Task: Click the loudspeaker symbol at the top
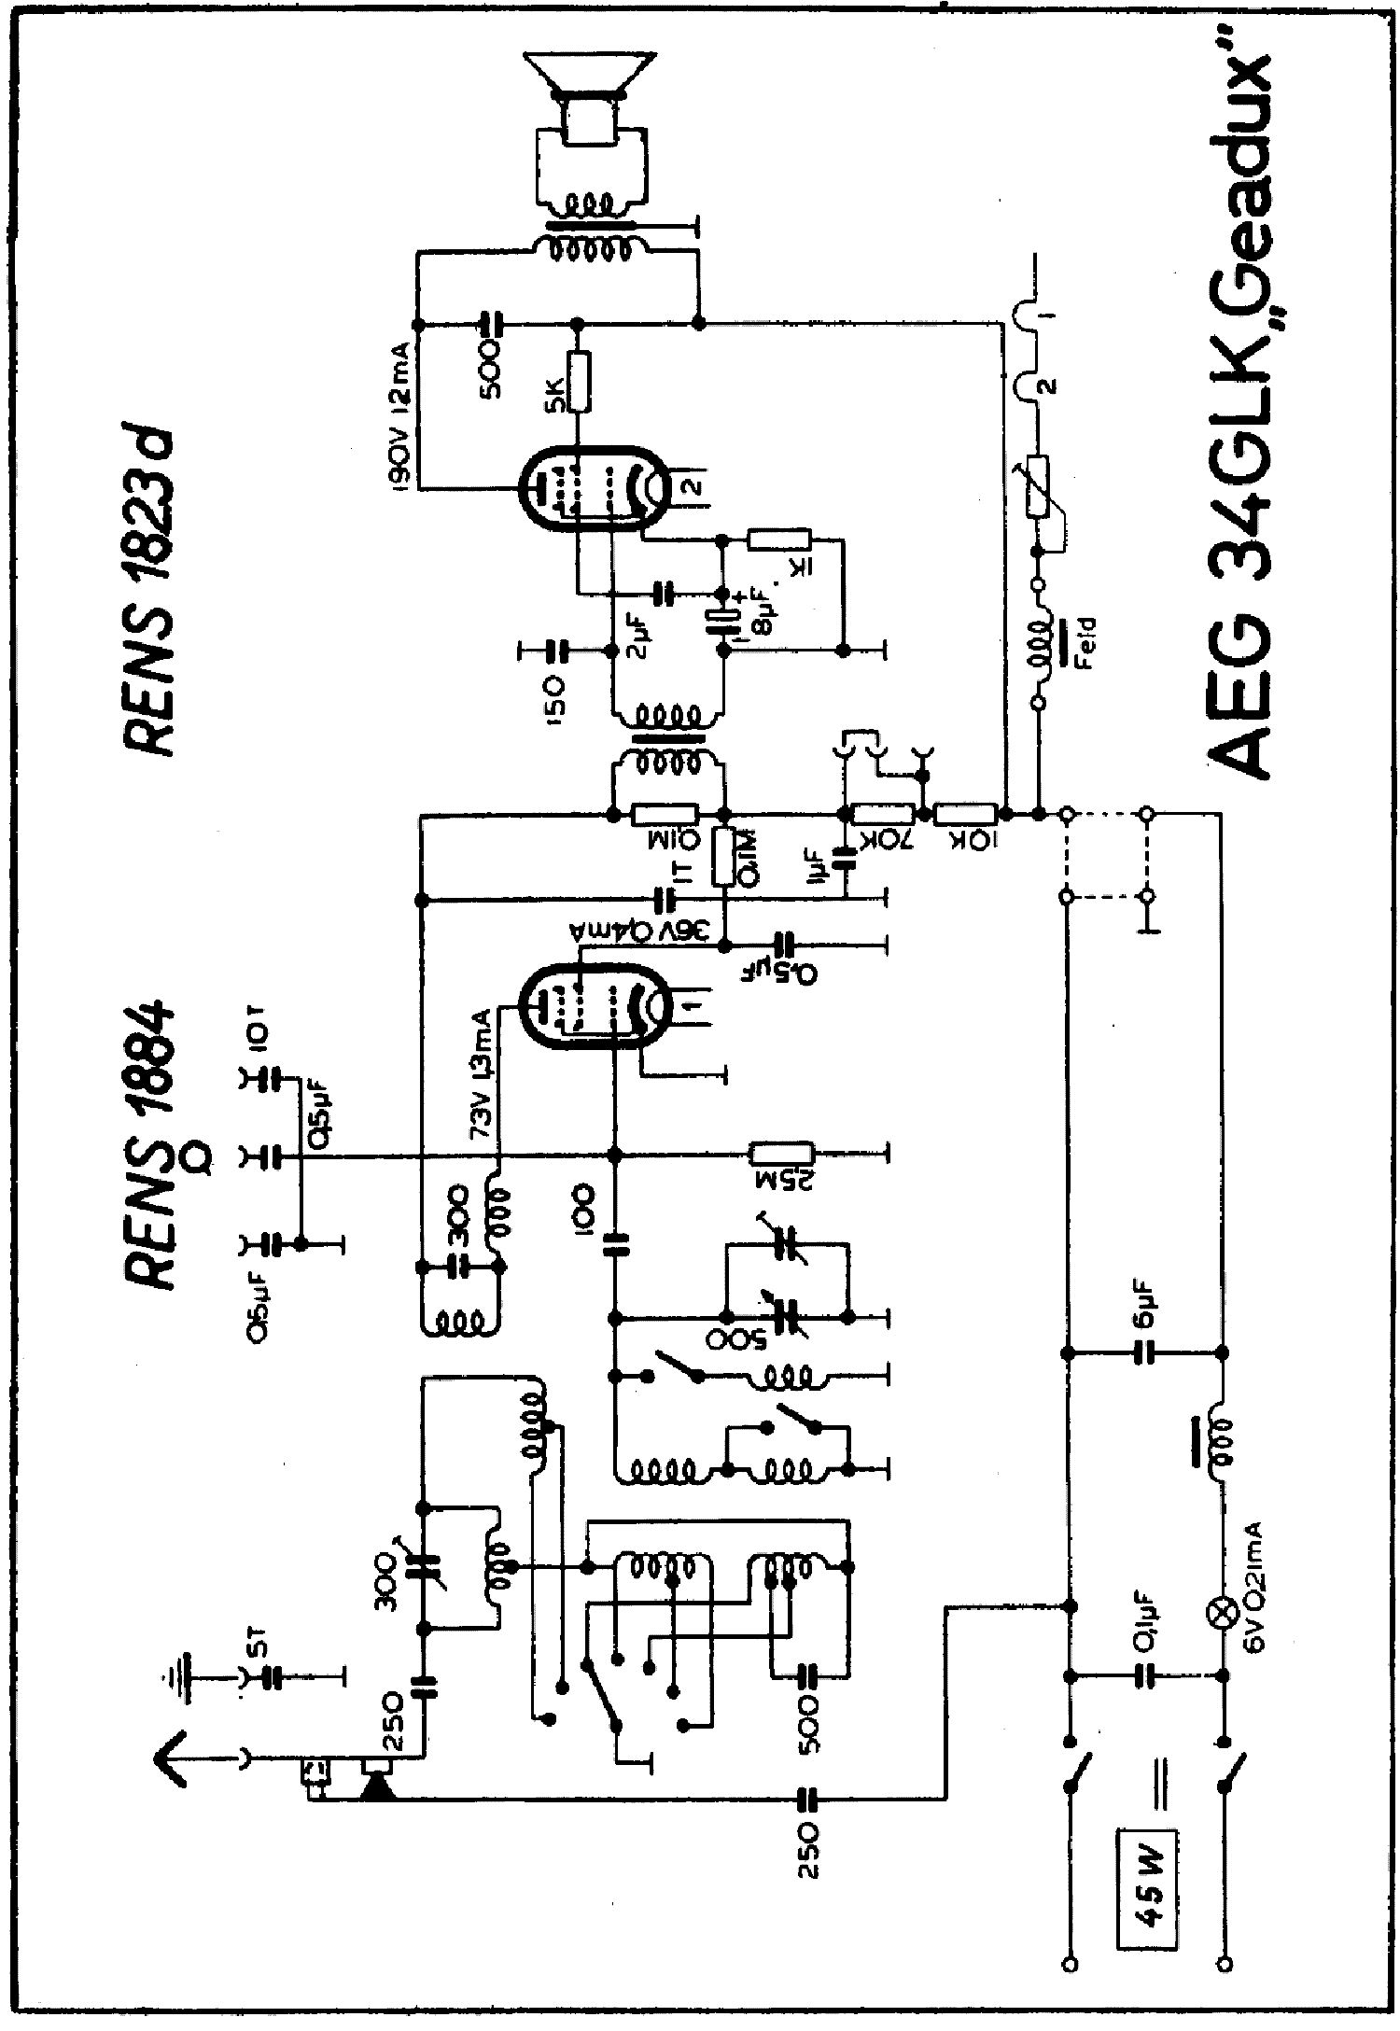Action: click(585, 98)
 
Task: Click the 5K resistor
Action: click(579, 382)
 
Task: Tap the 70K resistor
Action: click(883, 814)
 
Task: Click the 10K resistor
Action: click(967, 814)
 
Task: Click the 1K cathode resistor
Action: click(780, 539)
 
